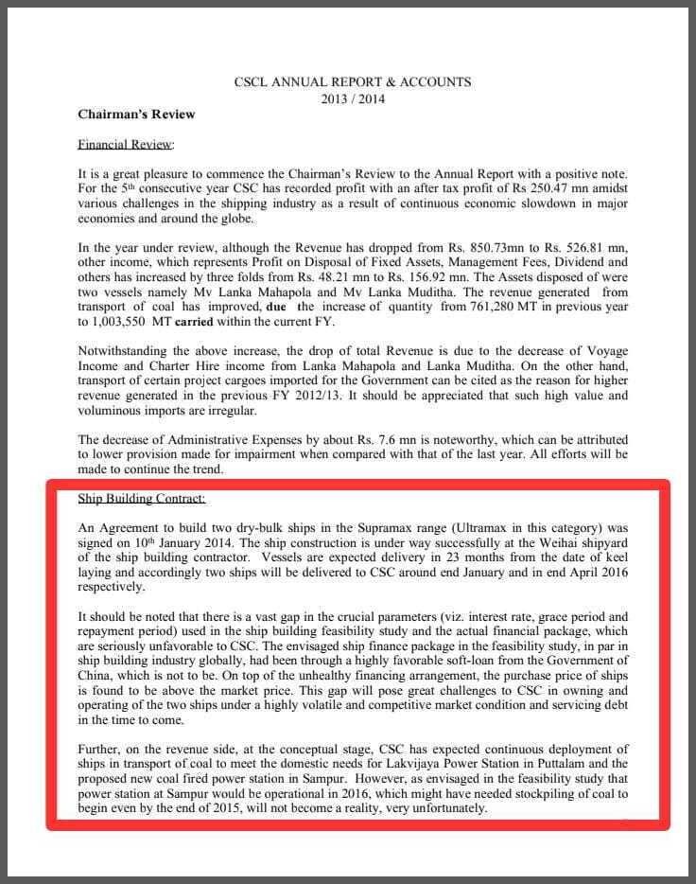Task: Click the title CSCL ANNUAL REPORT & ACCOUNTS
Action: (352, 82)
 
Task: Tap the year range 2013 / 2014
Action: (353, 98)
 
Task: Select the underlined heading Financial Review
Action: (126, 145)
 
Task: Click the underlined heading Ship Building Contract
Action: (142, 499)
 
